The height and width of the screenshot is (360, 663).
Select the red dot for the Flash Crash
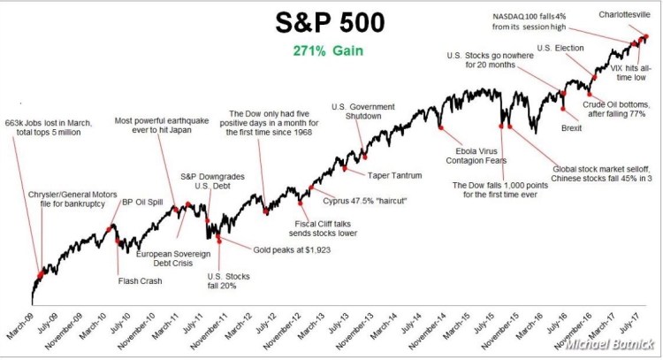click(x=118, y=241)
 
